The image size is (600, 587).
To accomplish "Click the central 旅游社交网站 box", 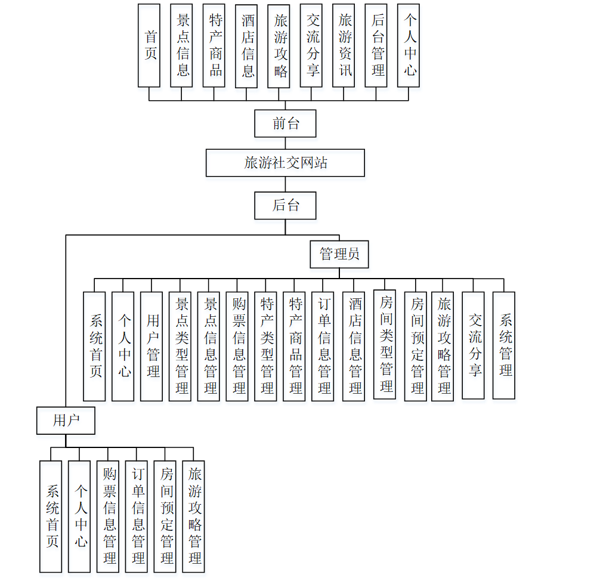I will point(285,163).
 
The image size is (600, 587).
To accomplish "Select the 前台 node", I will point(285,123).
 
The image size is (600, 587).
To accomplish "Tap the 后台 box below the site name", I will point(285,205).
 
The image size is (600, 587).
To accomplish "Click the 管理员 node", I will point(339,254).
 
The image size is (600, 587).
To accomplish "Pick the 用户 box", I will point(66,421).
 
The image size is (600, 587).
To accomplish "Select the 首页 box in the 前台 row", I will point(149,45).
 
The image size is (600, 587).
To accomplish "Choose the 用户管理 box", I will point(151,346).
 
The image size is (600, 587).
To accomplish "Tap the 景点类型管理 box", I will point(180,346).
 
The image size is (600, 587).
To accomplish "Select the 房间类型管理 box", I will point(385,344).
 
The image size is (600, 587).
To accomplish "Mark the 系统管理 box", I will point(504,345).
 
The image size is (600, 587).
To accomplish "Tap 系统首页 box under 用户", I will point(51,517).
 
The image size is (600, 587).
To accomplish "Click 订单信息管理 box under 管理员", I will point(323,346).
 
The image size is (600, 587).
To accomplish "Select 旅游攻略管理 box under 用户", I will point(193,517).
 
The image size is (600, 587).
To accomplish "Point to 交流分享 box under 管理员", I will point(474,345).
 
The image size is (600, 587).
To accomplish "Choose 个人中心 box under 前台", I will point(409,45).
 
